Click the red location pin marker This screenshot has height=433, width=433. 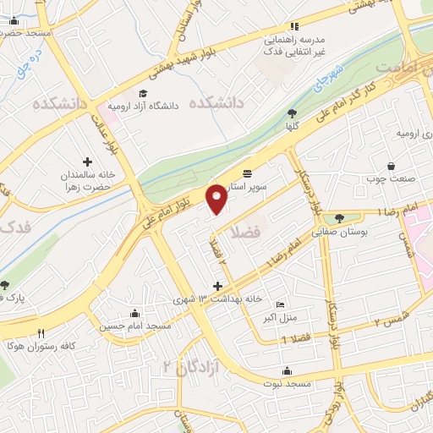tap(218, 197)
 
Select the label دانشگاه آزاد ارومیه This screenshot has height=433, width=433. tap(179, 106)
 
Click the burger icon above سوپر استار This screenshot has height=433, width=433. tap(246, 172)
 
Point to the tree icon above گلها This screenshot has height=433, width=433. tap(293, 113)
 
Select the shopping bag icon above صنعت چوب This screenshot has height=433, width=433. tap(391, 166)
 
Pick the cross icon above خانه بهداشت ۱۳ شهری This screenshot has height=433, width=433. tap(218, 287)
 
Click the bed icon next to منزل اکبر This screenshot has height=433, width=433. tap(281, 305)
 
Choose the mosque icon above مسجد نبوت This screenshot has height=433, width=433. tap(288, 370)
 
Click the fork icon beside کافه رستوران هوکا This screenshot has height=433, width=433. tap(41, 333)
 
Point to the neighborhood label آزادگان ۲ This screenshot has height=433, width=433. tap(180, 367)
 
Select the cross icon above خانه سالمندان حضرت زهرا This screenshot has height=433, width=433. tap(87, 161)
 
